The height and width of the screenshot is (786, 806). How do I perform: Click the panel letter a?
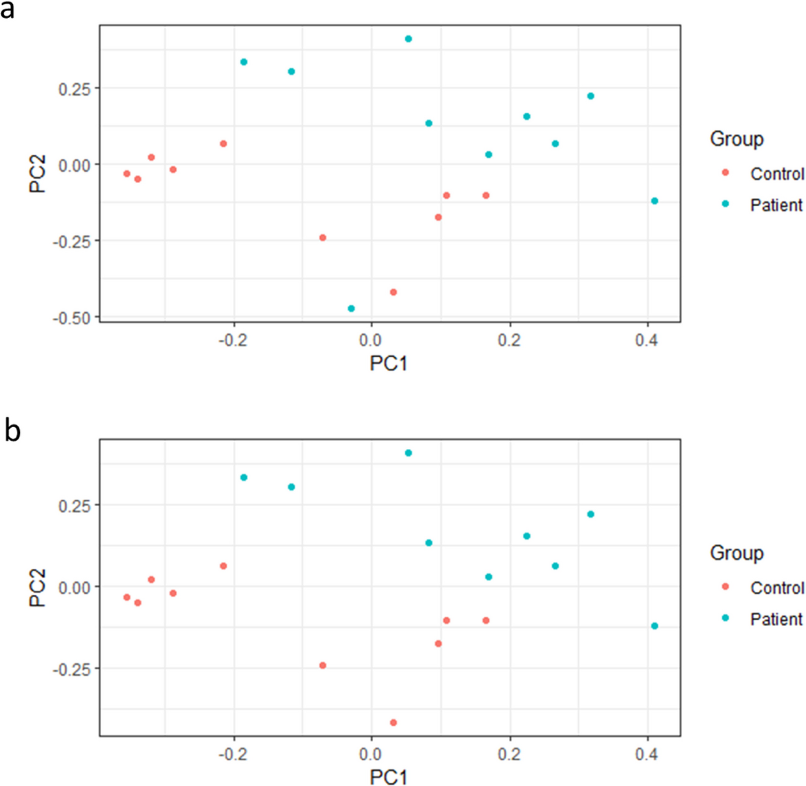pos(7,10)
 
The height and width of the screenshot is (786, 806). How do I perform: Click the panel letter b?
pos(12,430)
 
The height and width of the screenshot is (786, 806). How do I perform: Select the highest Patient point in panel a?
pos(408,39)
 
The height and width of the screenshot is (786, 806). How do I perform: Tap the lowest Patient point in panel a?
pos(351,309)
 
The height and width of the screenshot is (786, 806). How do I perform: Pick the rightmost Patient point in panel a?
pos(655,201)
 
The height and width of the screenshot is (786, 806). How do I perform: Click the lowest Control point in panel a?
pos(393,292)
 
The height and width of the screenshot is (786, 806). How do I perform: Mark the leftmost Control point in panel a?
pos(127,174)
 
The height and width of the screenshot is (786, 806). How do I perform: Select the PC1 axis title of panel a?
pos(388,363)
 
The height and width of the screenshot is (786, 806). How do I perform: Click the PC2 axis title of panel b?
pos(38,587)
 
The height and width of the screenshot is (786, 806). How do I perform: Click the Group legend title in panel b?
pos(737,553)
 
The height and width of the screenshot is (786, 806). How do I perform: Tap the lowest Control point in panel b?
pos(393,723)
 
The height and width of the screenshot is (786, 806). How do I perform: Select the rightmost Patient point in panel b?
pos(655,626)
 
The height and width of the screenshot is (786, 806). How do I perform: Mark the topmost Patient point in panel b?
pos(408,453)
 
